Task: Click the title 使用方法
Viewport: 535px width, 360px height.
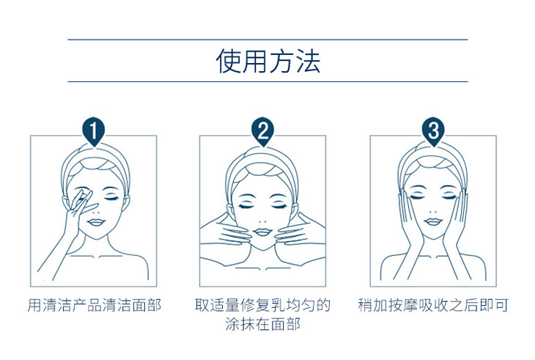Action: tap(268, 61)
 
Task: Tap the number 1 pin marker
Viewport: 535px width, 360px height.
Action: tap(94, 131)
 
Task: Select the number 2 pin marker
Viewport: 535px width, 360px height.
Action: tap(263, 131)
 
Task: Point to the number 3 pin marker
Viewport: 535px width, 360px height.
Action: tap(433, 131)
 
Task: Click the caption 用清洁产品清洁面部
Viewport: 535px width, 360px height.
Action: tap(94, 305)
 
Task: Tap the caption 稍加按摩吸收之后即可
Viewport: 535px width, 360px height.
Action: tap(433, 305)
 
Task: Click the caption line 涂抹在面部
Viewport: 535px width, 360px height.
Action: tap(262, 324)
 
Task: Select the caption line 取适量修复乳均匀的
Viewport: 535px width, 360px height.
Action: tap(262, 305)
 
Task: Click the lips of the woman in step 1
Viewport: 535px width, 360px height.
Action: tap(96, 222)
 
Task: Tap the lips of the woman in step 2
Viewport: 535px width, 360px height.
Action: tap(262, 232)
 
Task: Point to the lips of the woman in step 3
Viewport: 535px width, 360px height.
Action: tap(433, 222)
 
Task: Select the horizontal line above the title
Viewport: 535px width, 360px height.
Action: tap(267, 40)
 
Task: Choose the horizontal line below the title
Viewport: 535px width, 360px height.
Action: tap(267, 82)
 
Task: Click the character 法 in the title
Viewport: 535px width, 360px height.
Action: tap(309, 61)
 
